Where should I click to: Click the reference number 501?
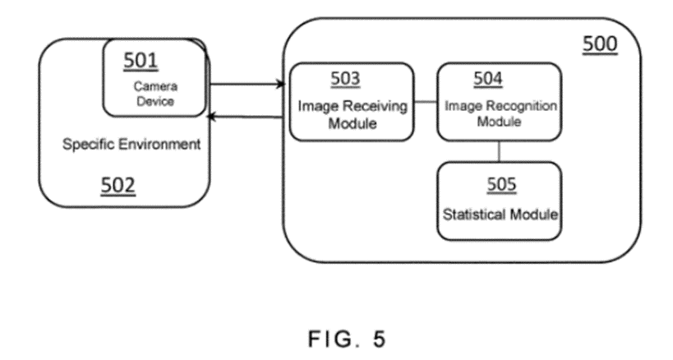coord(141,60)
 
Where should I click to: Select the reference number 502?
coord(118,186)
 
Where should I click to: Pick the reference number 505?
coord(500,184)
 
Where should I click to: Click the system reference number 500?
coord(600,44)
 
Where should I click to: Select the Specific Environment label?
coord(131,145)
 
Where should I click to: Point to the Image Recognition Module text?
coord(500,113)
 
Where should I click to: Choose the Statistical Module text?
coord(500,215)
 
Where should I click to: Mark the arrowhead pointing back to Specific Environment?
coord(212,117)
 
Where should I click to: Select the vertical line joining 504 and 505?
coord(500,150)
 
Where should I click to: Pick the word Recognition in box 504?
coord(516,106)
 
